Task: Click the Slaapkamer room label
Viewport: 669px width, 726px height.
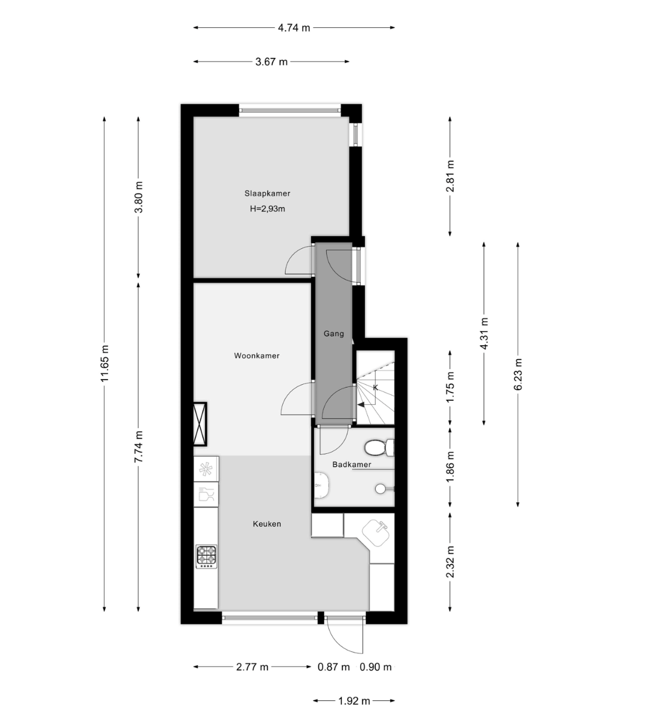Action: [267, 193]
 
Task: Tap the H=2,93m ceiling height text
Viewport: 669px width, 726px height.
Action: [267, 209]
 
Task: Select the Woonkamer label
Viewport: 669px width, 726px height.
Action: [256, 356]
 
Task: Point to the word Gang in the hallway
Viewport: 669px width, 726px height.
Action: [334, 333]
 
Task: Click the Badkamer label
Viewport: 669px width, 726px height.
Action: [352, 464]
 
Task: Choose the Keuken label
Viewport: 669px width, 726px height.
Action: [267, 524]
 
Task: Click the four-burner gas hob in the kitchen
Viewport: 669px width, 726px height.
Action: [206, 556]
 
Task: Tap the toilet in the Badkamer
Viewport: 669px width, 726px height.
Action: [379, 448]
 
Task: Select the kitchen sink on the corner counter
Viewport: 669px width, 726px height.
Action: [376, 533]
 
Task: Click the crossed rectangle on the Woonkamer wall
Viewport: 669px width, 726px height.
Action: [200, 423]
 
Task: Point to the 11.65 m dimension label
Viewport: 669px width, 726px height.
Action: [105, 364]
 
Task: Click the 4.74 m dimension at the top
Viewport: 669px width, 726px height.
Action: [294, 28]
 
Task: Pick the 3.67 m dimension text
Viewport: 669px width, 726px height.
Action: [272, 62]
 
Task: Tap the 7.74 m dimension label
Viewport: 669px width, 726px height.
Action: [139, 447]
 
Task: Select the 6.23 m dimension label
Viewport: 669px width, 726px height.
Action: [518, 374]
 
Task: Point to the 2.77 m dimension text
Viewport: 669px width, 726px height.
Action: [253, 667]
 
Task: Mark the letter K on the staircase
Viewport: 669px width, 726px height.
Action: [375, 388]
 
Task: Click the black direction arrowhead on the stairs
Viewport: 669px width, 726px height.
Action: [361, 405]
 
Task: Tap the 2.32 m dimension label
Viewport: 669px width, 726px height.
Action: [450, 562]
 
